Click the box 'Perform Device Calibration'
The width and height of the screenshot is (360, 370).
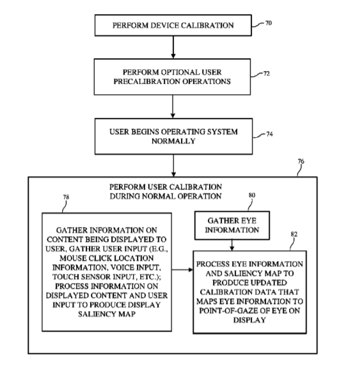tap(173, 25)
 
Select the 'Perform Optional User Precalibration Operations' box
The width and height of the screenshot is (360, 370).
tap(172, 77)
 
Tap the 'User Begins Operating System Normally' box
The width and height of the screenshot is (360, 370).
tap(173, 136)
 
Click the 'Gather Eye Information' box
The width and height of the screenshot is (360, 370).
tap(232, 225)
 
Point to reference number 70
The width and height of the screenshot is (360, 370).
tap(269, 23)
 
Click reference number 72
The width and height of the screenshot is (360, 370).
tap(267, 74)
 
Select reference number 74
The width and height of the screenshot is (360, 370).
tap(269, 134)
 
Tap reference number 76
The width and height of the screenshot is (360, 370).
tap(301, 161)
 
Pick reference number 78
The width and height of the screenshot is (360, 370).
tap(66, 197)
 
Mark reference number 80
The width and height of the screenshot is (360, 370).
tap(252, 195)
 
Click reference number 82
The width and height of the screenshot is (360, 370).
tap(294, 234)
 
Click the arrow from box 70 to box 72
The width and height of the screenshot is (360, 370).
tap(173, 47)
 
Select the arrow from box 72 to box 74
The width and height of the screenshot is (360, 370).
tap(173, 106)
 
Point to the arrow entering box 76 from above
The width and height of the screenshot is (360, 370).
tap(173, 166)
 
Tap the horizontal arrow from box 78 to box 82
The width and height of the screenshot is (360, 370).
tap(182, 269)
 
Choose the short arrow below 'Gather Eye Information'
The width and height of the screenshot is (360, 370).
tap(232, 245)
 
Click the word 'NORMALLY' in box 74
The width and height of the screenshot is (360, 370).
tap(173, 141)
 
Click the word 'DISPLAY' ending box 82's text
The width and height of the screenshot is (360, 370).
tap(249, 320)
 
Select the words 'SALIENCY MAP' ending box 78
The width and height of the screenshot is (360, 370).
tap(107, 314)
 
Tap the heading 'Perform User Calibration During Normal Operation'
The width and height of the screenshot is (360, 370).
tap(166, 191)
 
